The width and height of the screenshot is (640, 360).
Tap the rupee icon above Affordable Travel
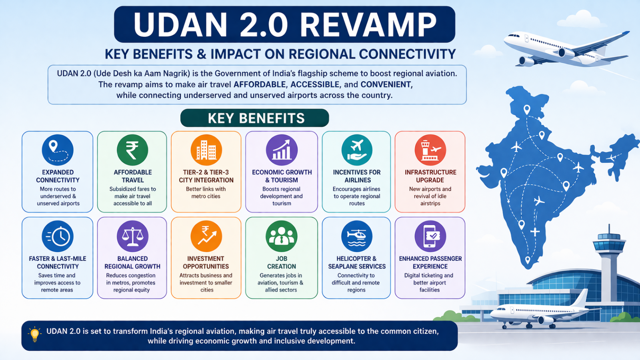(x=132, y=150)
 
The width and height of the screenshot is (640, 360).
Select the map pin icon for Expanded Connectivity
(x=58, y=150)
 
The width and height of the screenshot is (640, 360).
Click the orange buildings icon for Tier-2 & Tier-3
(x=206, y=150)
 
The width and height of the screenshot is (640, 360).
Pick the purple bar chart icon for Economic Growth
(x=282, y=150)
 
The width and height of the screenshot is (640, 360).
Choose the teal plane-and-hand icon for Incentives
(x=357, y=150)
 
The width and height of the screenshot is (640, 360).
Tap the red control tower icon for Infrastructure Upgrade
(x=430, y=150)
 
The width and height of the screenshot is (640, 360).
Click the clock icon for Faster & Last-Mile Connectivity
(x=58, y=236)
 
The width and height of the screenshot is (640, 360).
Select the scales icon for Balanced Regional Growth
(x=132, y=236)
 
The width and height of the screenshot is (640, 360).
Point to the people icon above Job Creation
(x=282, y=236)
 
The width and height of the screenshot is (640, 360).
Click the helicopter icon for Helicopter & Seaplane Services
(x=357, y=236)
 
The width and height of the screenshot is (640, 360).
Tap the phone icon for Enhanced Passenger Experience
(x=430, y=236)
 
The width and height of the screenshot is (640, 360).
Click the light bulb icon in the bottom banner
(x=34, y=334)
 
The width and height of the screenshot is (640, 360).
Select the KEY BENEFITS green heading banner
(x=254, y=118)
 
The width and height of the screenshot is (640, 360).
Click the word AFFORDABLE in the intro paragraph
(x=260, y=84)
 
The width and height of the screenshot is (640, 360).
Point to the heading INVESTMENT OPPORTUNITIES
(x=206, y=262)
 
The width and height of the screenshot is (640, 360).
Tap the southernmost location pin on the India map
(x=528, y=260)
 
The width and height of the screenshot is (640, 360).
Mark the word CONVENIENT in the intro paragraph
(x=386, y=84)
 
